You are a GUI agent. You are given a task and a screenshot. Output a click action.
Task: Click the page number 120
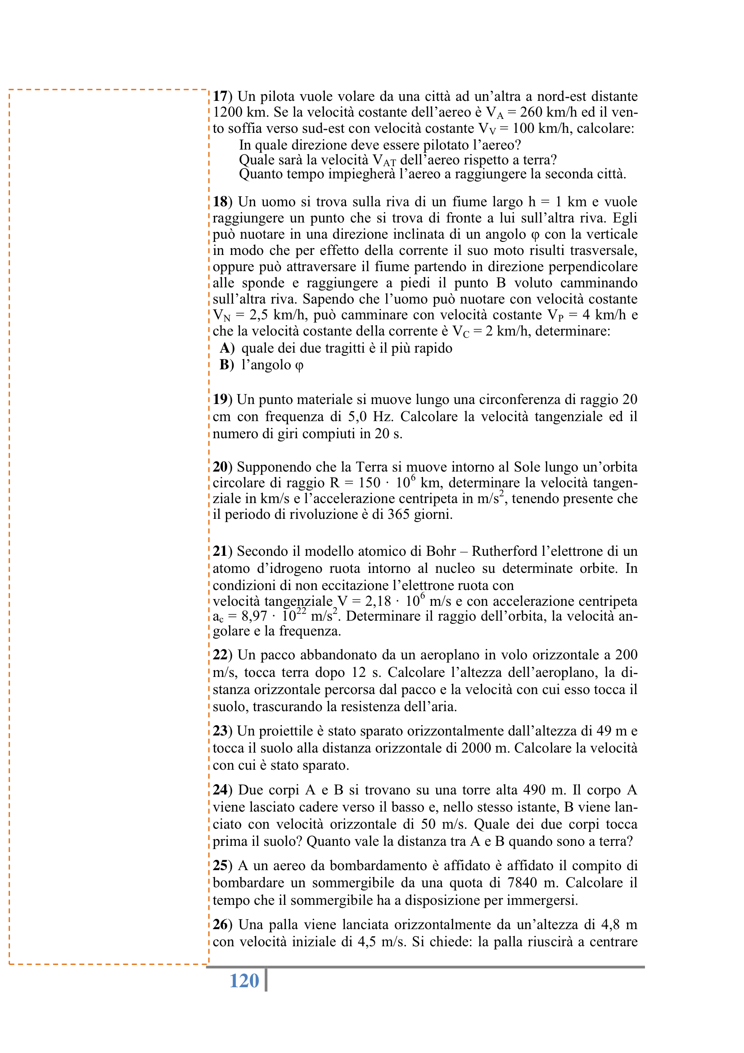click(x=244, y=980)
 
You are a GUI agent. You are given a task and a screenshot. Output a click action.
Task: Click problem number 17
click(x=221, y=96)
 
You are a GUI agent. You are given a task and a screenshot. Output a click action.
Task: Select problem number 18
click(x=221, y=202)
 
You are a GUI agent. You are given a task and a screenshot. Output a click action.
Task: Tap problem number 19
click(x=221, y=399)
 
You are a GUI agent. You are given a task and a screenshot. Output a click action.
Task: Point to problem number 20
click(x=221, y=467)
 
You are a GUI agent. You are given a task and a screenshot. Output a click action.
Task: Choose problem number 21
click(x=221, y=551)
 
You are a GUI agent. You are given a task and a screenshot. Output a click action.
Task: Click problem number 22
click(x=221, y=655)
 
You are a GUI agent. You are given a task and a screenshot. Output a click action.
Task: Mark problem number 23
click(x=221, y=731)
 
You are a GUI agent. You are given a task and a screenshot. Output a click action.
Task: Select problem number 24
click(x=221, y=790)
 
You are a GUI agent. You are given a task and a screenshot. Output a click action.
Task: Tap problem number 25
click(x=221, y=866)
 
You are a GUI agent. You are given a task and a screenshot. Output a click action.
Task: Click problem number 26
click(x=221, y=925)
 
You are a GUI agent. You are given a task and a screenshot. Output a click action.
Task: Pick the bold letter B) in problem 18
click(x=226, y=365)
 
